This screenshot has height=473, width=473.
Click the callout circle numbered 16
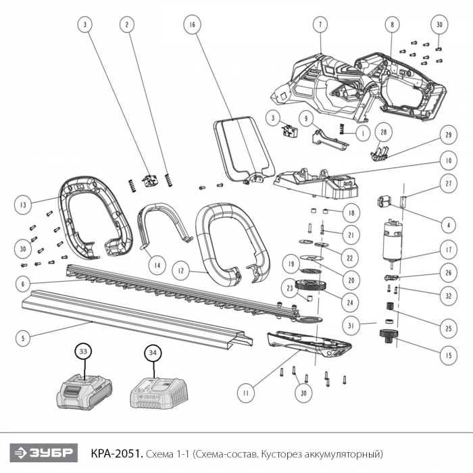point(192,25)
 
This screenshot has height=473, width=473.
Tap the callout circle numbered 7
point(320,25)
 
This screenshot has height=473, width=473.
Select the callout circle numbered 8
point(392,25)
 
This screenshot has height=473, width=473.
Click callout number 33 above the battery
point(83,351)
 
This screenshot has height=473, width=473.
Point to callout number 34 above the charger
point(153,353)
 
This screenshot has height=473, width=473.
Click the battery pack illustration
point(84,392)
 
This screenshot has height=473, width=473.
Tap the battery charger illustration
point(159,393)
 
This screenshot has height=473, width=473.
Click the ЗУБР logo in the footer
point(44,453)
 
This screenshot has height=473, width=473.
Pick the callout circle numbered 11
point(246,393)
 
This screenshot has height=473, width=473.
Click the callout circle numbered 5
point(23,338)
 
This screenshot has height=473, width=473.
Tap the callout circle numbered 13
point(23,205)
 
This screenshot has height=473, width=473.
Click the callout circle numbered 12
point(180,271)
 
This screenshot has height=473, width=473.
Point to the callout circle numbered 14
point(157,266)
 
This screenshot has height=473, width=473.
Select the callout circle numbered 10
point(448,161)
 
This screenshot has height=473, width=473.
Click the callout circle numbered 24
point(350,303)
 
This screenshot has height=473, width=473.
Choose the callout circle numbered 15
point(448,355)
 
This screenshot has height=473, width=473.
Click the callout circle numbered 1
point(364,133)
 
